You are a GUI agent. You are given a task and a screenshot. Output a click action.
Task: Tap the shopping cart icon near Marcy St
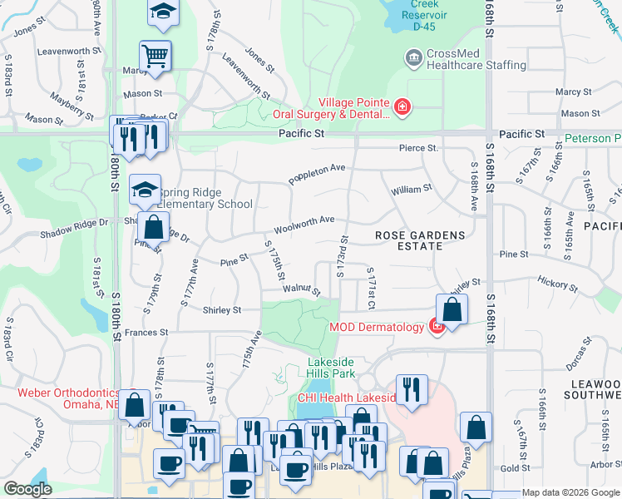pos(155,57)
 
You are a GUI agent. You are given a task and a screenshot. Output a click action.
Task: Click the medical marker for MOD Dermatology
pos(436,327)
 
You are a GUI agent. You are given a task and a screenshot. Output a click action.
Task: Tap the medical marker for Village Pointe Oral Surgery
pos(402,106)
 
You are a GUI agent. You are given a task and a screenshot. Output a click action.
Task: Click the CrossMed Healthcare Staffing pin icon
pos(412,58)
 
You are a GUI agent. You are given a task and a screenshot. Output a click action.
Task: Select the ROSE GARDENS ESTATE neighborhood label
pos(420,240)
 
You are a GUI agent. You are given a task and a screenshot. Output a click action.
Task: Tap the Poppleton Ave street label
pos(317,173)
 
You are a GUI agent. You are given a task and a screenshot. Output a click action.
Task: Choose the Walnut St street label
pos(301,289)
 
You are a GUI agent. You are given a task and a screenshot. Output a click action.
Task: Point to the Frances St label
pos(146,332)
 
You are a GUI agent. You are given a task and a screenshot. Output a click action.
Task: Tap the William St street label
pos(412,189)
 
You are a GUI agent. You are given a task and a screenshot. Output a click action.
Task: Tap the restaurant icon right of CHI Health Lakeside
pos(412,389)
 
